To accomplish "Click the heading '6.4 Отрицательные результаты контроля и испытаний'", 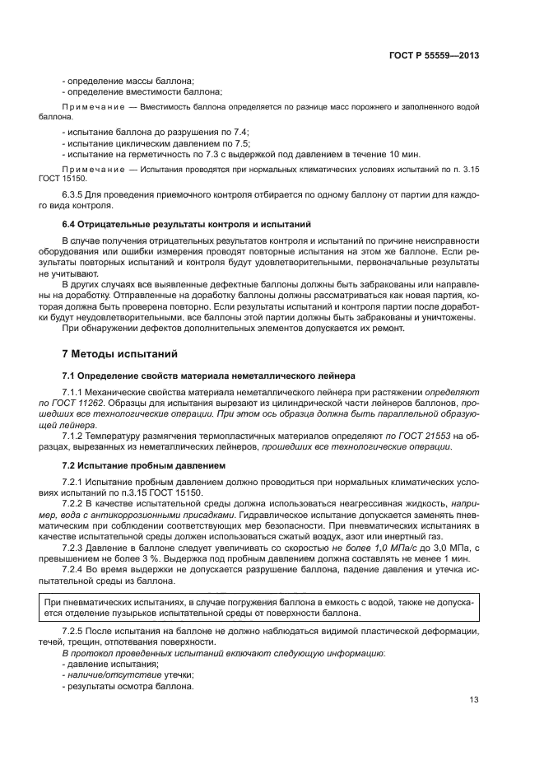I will pos(181,224).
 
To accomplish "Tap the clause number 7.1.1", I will pos(75,392).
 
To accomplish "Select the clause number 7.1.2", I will pos(75,436).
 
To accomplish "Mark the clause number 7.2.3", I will pos(75,547).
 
